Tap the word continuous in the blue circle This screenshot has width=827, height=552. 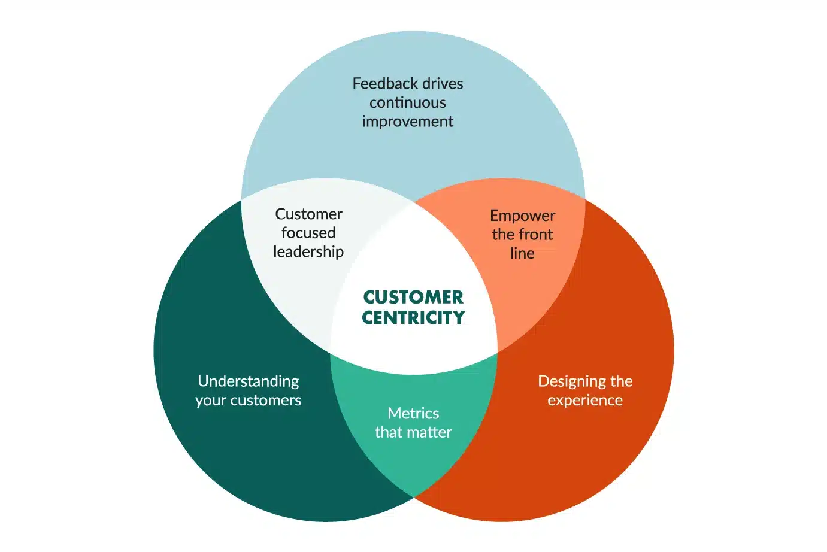[x=407, y=102]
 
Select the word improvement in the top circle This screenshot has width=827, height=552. [x=407, y=122]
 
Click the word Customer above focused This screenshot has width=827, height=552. [x=308, y=214]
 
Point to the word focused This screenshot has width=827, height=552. [x=308, y=233]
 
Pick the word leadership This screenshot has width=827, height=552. [x=308, y=251]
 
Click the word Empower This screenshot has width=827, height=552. [x=522, y=216]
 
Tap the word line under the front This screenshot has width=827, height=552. [x=522, y=253]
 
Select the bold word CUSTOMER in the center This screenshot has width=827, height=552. [x=413, y=297]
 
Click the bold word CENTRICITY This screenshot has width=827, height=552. [x=413, y=317]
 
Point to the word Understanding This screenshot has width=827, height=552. [x=249, y=381]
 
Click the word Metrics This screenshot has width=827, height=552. [x=413, y=413]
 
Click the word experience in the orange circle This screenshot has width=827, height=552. [x=585, y=400]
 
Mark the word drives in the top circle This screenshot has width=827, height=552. [x=443, y=83]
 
